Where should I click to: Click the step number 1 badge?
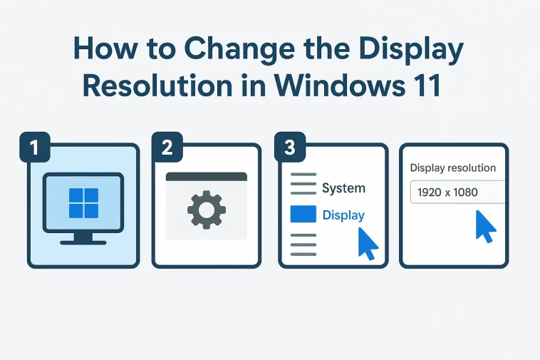tap(33, 148)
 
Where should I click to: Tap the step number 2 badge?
tap(167, 148)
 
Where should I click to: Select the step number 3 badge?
tap(290, 148)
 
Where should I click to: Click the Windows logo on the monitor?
tap(83, 202)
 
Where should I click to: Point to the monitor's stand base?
tap(83, 242)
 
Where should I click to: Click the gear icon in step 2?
tap(206, 209)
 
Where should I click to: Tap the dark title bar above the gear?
tap(206, 176)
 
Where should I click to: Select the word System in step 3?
tap(343, 188)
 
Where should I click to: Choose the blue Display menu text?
tap(343, 215)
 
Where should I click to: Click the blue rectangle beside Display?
tap(303, 215)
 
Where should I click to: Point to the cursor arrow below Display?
tap(367, 243)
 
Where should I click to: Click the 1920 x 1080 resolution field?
tap(456, 192)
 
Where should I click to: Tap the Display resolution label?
tap(453, 168)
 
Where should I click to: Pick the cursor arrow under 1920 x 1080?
tap(486, 226)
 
